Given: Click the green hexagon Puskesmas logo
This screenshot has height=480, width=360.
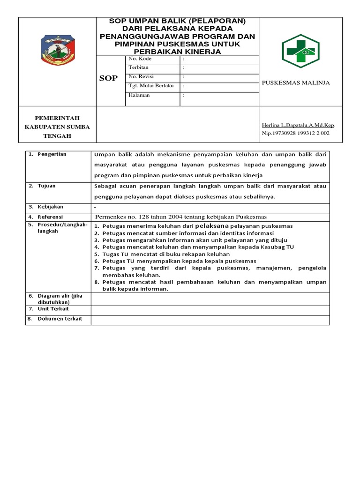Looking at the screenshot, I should (300, 51).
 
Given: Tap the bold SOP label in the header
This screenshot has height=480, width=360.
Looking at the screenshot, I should (108, 78).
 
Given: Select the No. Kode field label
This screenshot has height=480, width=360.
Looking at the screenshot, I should (140, 59).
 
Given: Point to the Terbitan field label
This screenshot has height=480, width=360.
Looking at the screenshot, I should (138, 68).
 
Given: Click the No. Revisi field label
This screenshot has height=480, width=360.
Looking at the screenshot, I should (141, 77).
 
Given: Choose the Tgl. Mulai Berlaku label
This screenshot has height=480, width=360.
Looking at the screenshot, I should (151, 86).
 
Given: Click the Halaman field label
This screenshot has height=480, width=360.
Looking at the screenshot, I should (139, 95).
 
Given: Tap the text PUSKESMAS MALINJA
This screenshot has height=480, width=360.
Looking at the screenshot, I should (295, 83).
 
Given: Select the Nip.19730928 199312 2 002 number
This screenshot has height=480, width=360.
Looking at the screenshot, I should (295, 133).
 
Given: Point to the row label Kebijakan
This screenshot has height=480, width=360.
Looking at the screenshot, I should (50, 207).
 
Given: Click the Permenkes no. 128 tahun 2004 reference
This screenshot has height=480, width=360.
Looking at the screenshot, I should (180, 217).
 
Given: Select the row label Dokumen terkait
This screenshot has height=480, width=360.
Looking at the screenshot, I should (59, 319).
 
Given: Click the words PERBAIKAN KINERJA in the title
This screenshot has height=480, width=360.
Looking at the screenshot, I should (177, 52).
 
